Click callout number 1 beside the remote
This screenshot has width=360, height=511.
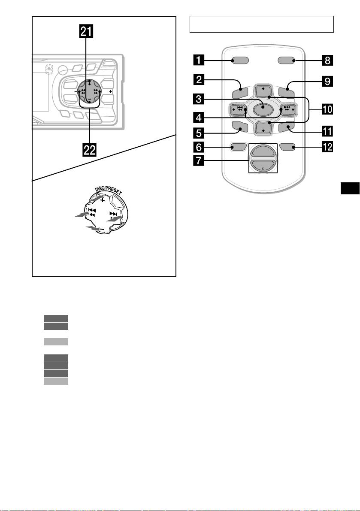tap(198, 60)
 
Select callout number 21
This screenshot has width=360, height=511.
tap(90, 31)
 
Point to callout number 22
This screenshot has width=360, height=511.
tap(90, 150)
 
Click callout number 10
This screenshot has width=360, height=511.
tap(327, 109)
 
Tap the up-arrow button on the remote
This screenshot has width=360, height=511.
tap(263, 91)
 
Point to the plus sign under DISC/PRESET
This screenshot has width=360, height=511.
tap(103, 200)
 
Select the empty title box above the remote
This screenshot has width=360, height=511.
tap(262, 24)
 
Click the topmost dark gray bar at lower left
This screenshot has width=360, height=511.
tap(56, 318)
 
